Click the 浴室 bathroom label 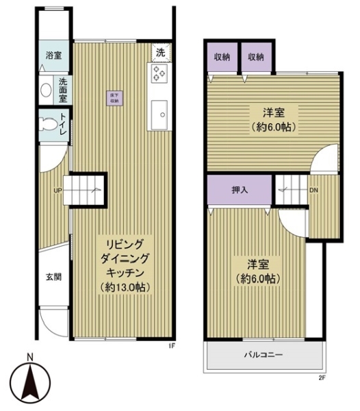[x=53, y=55]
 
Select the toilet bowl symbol [x=49, y=125]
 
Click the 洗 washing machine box [x=160, y=51]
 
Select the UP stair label [x=59, y=191]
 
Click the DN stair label [x=313, y=190]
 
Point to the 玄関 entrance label [x=54, y=277]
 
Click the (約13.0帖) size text [x=124, y=286]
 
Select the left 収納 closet [x=221, y=57]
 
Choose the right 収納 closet [x=255, y=57]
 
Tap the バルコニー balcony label [x=264, y=356]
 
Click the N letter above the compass [x=29, y=356]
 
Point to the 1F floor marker [x=172, y=346]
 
